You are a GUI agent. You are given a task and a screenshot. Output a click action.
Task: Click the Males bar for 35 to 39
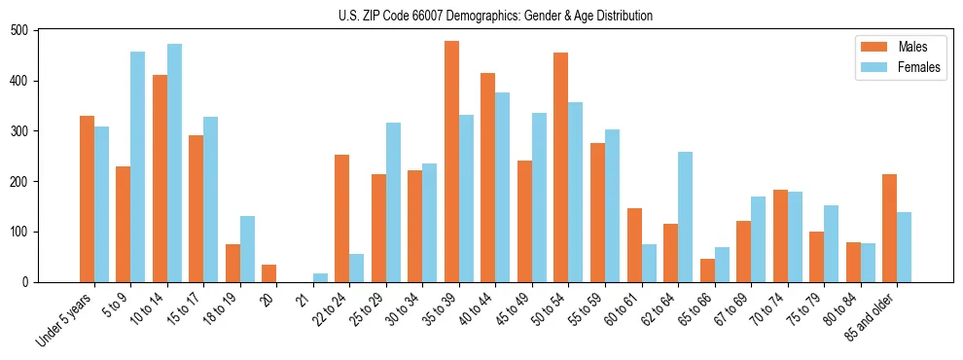(451, 162)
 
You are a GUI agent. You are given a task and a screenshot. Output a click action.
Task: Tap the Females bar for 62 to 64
(685, 217)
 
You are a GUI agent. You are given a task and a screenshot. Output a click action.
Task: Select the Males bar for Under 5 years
(87, 199)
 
